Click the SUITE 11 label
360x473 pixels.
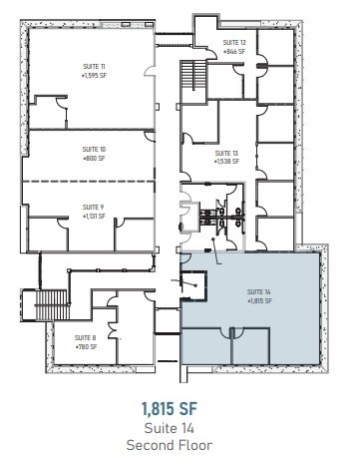click(x=95, y=66)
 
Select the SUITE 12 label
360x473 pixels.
click(x=234, y=43)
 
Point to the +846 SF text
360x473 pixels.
click(x=234, y=50)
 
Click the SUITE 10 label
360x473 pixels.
click(x=95, y=149)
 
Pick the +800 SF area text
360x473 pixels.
click(x=95, y=157)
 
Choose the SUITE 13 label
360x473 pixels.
click(x=227, y=153)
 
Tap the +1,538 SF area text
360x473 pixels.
click(x=227, y=161)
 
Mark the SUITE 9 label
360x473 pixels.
click(x=95, y=207)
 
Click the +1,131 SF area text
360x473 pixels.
click(x=95, y=215)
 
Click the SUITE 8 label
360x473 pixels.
click(x=86, y=337)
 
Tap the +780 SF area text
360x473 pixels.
click(x=86, y=345)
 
